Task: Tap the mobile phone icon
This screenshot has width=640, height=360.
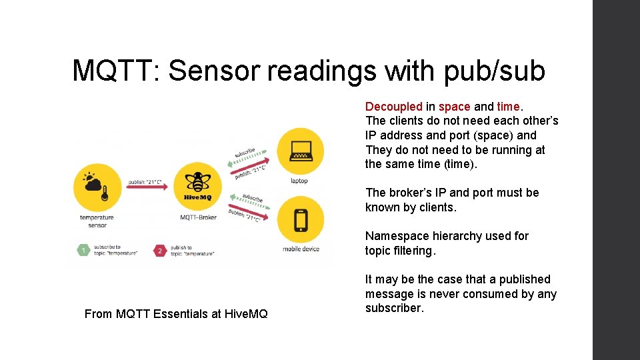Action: coord(300,219)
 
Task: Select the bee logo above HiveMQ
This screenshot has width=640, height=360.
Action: coord(197,181)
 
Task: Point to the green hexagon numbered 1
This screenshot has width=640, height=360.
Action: coord(84,250)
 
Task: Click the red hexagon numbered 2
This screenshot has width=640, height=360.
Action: coord(159,251)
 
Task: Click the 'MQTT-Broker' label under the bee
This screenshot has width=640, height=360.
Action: coord(198,217)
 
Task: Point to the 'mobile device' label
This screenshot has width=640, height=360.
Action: coord(301,249)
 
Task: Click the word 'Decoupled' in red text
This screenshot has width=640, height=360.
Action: coord(393,106)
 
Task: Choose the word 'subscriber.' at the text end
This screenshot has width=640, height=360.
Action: coord(394,308)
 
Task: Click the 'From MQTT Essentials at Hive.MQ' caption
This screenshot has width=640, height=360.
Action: coord(176,313)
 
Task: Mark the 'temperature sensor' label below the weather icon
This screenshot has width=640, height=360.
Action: coord(97,221)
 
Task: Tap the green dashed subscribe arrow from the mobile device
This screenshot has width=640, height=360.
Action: coord(248,198)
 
